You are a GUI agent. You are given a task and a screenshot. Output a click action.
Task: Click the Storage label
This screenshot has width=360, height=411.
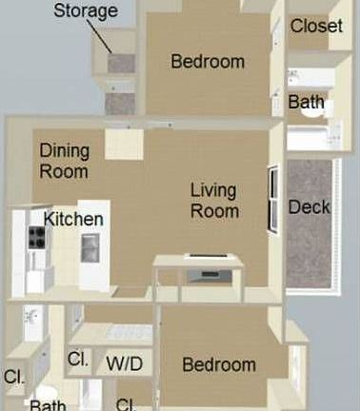click(85, 11)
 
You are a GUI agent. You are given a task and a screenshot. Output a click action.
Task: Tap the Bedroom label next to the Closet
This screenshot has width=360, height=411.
click(208, 62)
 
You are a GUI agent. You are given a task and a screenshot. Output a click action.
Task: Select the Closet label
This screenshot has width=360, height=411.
click(316, 26)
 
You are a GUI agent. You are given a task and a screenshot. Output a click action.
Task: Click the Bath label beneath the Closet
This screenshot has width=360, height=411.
click(307, 102)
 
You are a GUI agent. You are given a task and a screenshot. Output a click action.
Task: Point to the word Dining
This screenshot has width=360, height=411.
click(64, 151)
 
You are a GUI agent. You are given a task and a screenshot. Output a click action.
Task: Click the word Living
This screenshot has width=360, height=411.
click(214, 188)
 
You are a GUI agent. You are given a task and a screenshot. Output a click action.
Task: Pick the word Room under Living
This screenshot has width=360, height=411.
click(214, 210)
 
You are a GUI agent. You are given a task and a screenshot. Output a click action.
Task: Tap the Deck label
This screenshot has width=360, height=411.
click(310, 207)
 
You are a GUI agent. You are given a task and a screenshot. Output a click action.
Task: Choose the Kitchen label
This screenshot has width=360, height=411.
click(73, 219)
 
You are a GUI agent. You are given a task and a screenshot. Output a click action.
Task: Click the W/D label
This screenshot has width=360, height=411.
click(125, 362)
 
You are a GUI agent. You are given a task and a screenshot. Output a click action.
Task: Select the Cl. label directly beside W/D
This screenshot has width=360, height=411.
click(78, 361)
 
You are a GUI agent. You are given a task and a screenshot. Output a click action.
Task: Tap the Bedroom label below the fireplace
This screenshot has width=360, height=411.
click(219, 364)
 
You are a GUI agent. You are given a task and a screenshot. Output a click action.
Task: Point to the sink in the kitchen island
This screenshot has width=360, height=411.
click(90, 247)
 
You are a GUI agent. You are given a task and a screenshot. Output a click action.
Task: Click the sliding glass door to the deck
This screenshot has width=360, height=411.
click(273, 200)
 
